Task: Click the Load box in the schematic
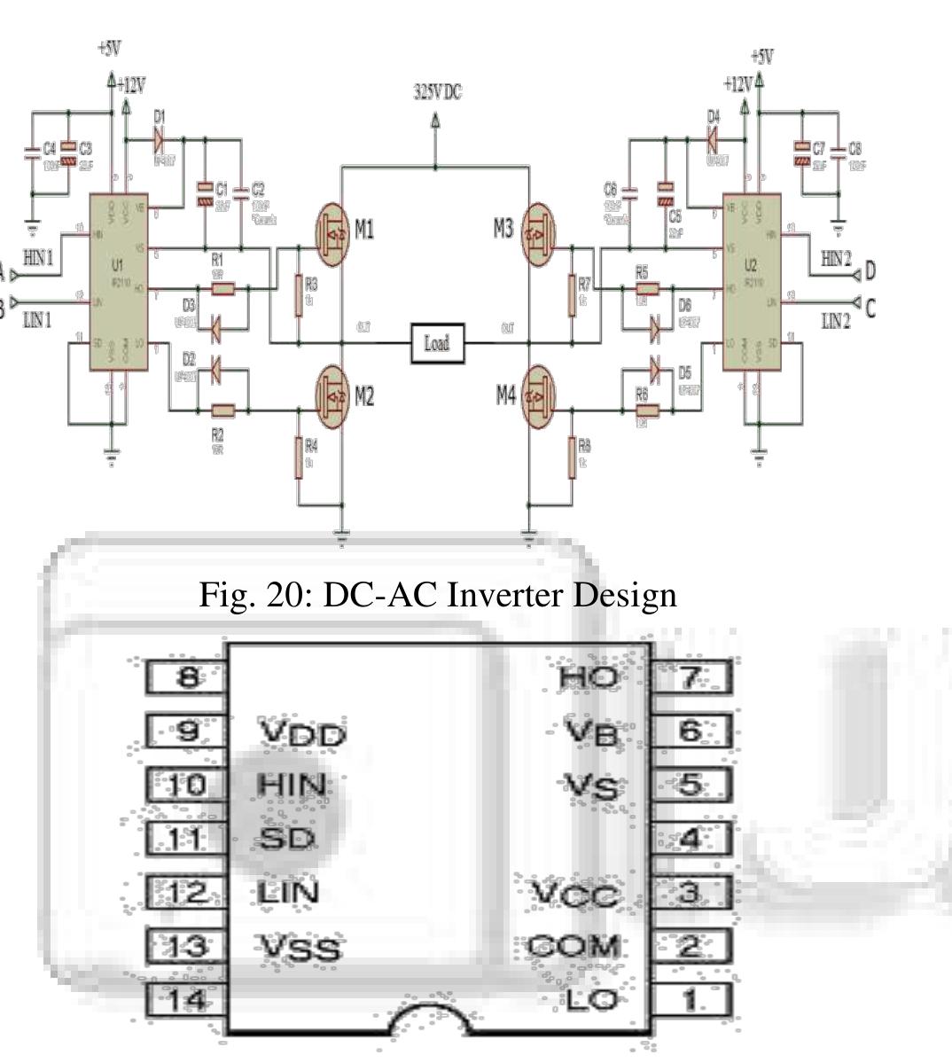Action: pyautogui.click(x=436, y=343)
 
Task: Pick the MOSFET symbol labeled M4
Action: pyautogui.click(x=539, y=395)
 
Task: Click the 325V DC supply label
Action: pyautogui.click(x=437, y=92)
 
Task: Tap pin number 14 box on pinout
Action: pyautogui.click(x=188, y=1001)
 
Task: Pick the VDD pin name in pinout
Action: pyautogui.click(x=302, y=734)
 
